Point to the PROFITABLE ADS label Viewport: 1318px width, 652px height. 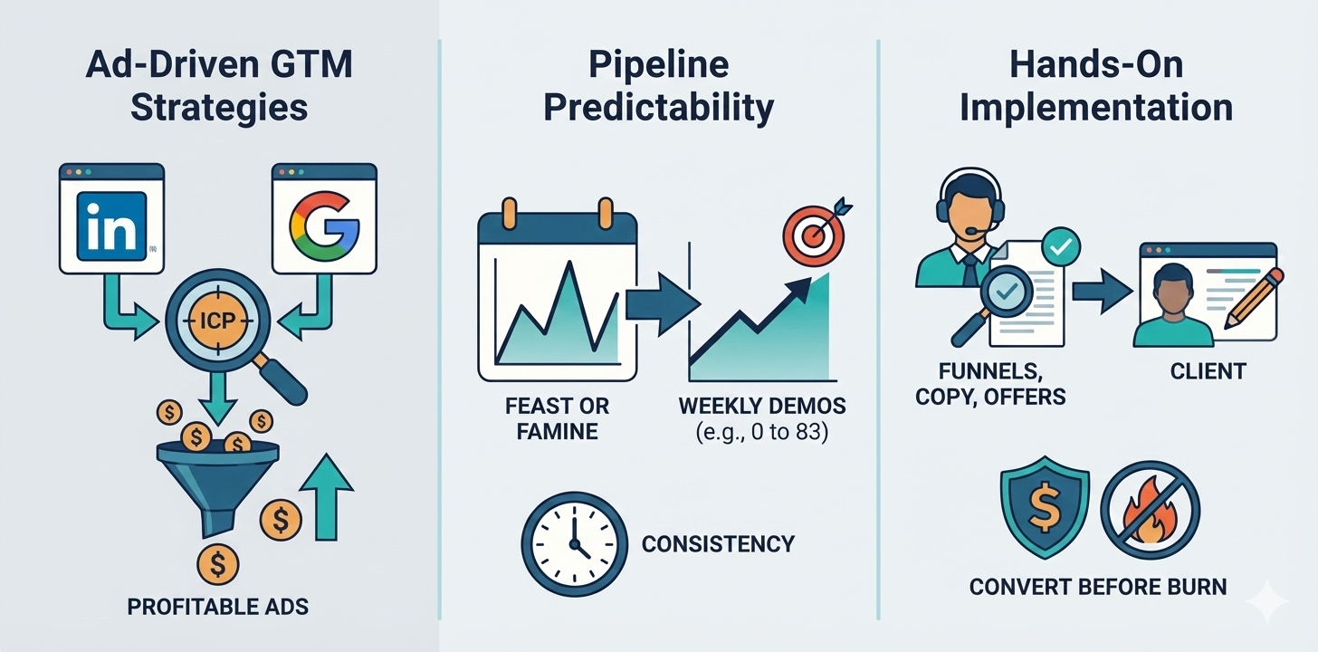(x=217, y=606)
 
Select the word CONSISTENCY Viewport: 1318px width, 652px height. (x=718, y=544)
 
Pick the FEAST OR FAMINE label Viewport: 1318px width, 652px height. (x=557, y=417)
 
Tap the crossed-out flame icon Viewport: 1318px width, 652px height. (x=1150, y=513)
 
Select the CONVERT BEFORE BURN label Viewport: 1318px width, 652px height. (x=1098, y=587)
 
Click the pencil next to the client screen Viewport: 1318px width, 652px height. (x=1255, y=298)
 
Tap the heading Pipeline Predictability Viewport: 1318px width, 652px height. (x=658, y=86)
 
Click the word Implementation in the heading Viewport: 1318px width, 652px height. (x=1096, y=107)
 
